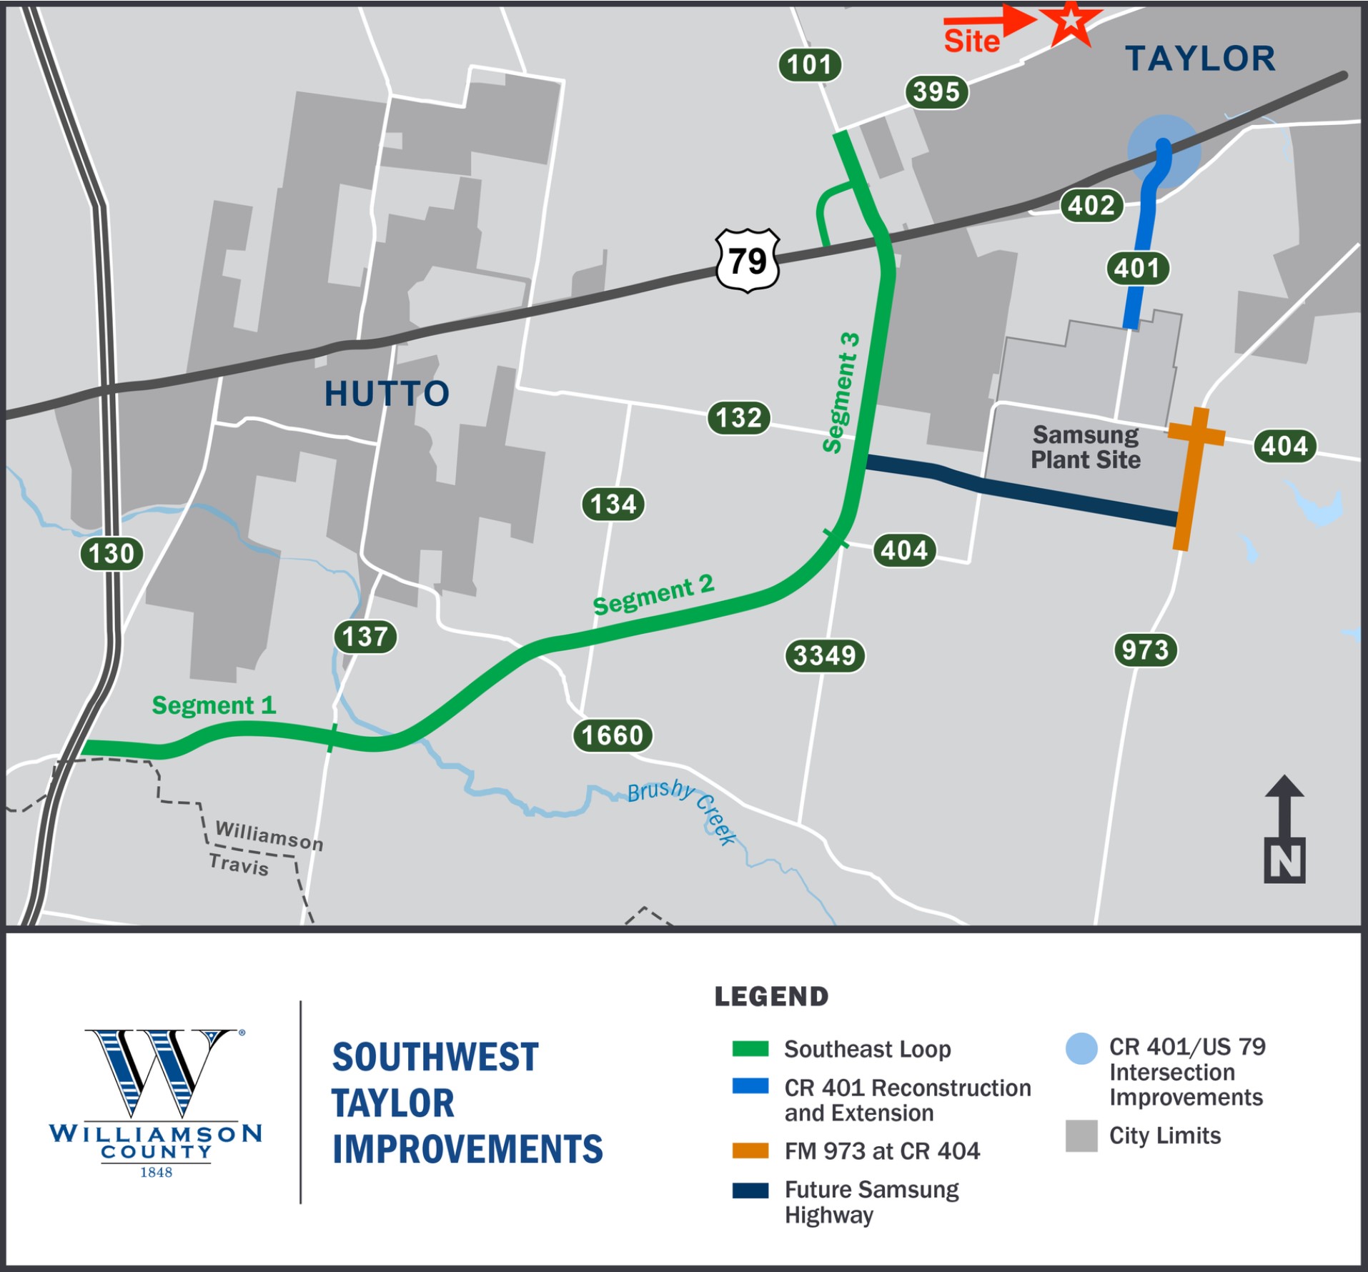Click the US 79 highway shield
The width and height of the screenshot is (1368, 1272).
748,261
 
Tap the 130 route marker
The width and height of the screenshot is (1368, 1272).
111,554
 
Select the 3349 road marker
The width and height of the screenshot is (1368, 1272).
825,655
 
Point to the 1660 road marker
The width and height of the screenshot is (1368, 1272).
613,735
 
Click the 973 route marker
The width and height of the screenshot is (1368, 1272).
1145,650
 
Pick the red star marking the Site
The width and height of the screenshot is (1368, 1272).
1070,21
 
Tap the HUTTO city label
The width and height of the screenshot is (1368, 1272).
387,394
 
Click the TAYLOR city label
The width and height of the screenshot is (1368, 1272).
1201,59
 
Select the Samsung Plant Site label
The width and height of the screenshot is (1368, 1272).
1085,447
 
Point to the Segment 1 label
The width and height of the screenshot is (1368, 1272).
213,705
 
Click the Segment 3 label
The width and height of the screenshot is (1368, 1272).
841,392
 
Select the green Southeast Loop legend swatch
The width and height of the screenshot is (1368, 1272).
750,1049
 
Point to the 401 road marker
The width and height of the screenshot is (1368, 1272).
1137,269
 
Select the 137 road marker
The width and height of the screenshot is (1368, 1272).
365,637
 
